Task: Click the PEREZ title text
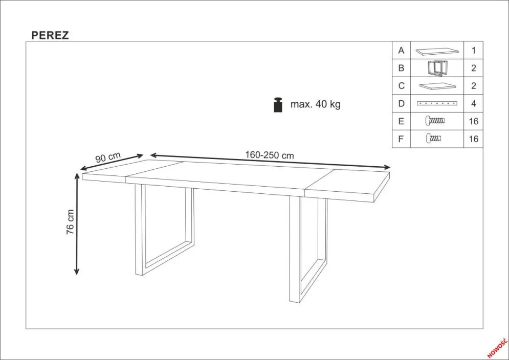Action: (x=50, y=35)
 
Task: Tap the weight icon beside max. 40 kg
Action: (x=278, y=104)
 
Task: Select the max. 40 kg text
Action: (x=315, y=104)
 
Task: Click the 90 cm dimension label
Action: (x=108, y=157)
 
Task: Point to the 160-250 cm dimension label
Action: (x=270, y=155)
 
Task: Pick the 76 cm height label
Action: (x=70, y=222)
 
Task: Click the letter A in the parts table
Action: (x=401, y=51)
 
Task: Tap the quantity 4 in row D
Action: (x=474, y=104)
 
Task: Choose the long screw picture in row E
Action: (x=435, y=121)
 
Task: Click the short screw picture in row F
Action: (x=434, y=139)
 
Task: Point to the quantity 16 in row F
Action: (x=474, y=139)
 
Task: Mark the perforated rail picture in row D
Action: (x=437, y=104)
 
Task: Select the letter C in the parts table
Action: (x=401, y=86)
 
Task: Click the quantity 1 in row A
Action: (x=474, y=51)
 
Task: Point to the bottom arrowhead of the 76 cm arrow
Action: (x=77, y=272)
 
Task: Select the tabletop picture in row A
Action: (x=437, y=51)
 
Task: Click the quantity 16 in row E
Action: (x=474, y=121)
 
